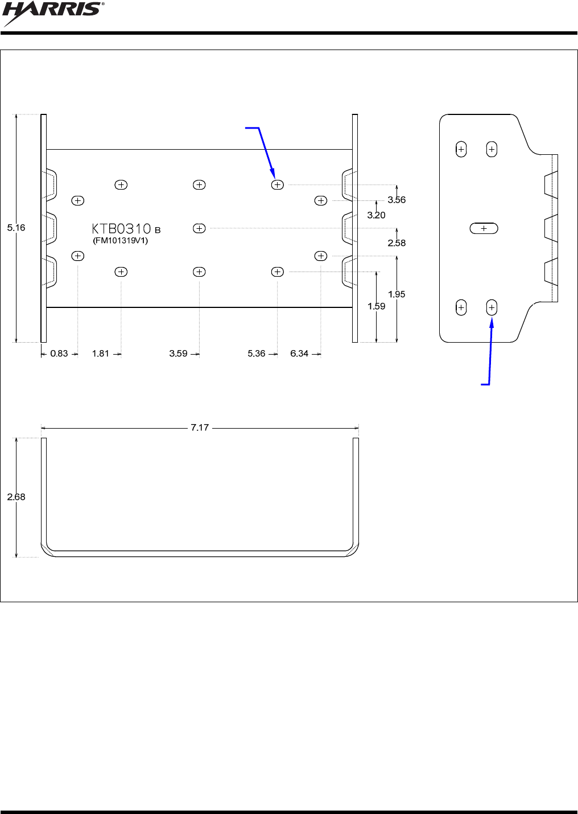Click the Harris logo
coord(54,13)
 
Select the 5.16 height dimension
coord(16,228)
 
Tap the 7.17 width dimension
coord(200,427)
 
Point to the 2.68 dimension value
coord(16,497)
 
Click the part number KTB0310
coord(122,229)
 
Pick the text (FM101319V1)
coord(121,241)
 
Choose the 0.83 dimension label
coord(59,353)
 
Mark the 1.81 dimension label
coord(101,353)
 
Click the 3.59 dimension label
coord(178,353)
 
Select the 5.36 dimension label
coord(257,353)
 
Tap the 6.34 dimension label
coord(299,353)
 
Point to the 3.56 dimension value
coord(397,200)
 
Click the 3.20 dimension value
coord(376,215)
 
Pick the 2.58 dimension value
coord(397,243)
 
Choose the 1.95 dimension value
coord(397,294)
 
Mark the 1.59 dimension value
coord(376,306)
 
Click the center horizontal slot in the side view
coord(484,228)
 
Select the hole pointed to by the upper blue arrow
coord(277,185)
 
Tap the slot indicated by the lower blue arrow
coord(492,308)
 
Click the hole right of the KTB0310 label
coord(199,228)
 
